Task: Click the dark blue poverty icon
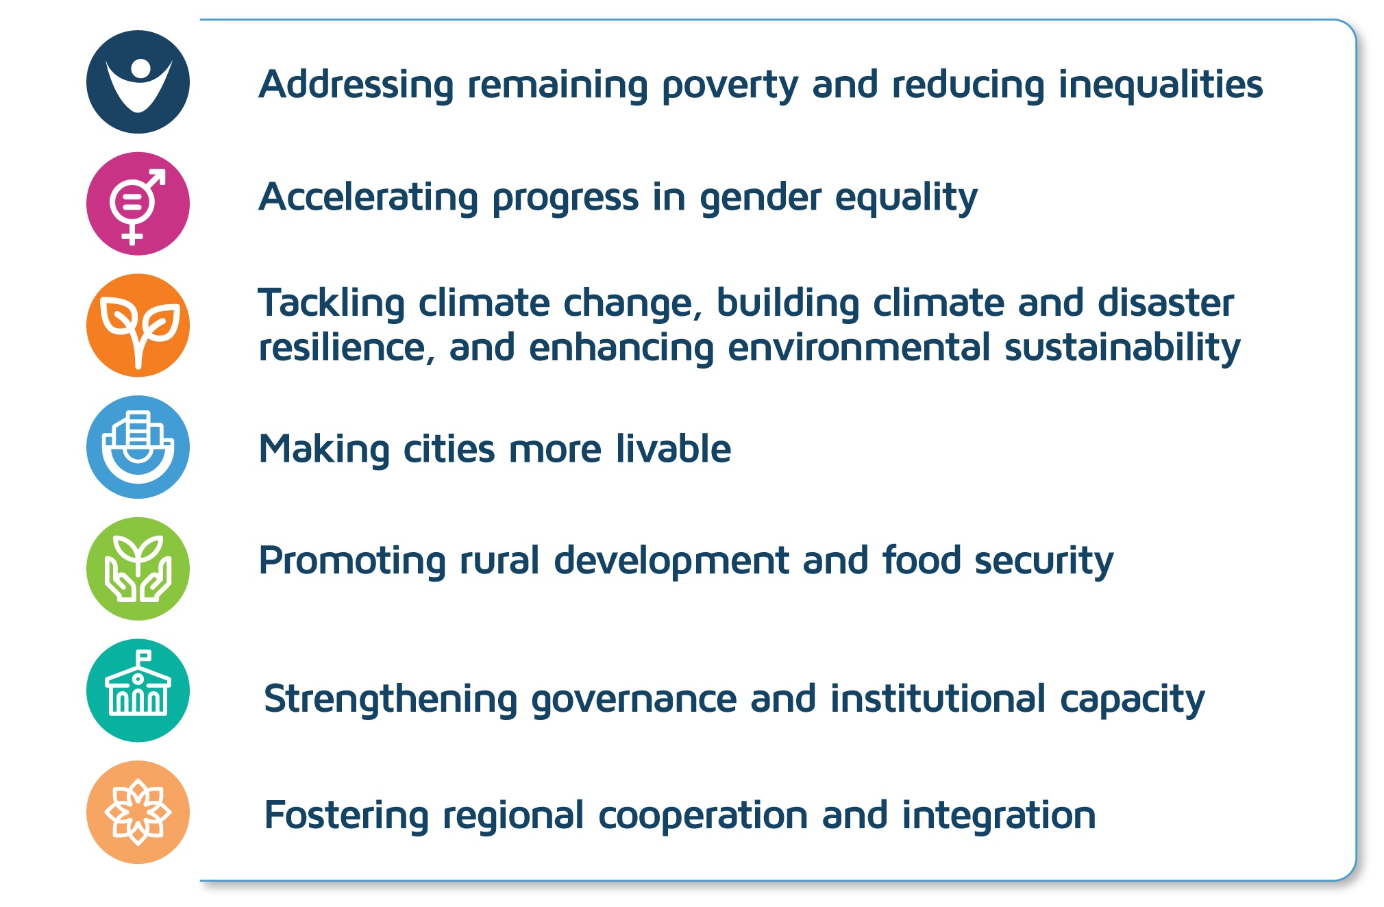click(x=138, y=82)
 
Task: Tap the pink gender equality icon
click(x=138, y=203)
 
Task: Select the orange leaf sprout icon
click(x=138, y=325)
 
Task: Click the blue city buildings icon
click(x=138, y=447)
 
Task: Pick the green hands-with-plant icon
click(x=138, y=569)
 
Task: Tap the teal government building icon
click(x=138, y=691)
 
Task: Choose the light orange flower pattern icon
click(x=138, y=812)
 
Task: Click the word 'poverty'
click(x=730, y=86)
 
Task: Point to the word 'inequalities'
click(x=1161, y=85)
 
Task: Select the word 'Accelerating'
click(x=368, y=197)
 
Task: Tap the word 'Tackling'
click(x=331, y=304)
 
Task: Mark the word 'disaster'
click(x=1165, y=303)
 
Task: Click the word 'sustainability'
click(x=1122, y=349)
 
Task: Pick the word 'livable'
click(x=673, y=449)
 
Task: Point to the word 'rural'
click(x=499, y=560)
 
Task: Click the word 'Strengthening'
click(x=391, y=700)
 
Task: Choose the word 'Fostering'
click(x=346, y=817)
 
